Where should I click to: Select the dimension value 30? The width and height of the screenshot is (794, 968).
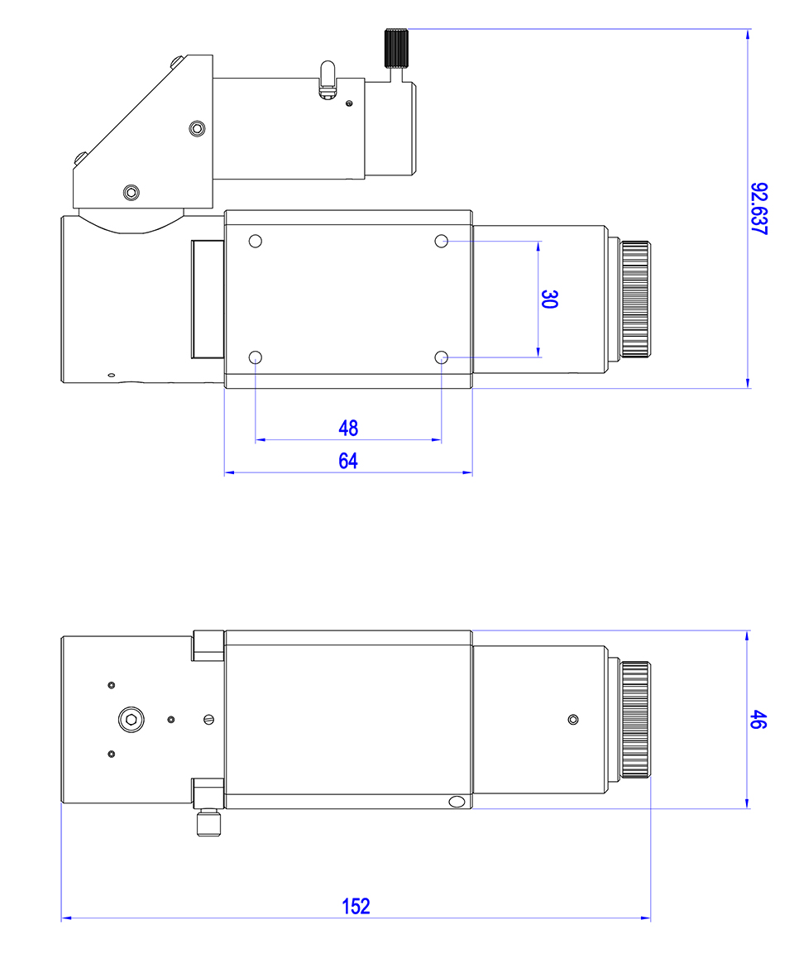point(548,299)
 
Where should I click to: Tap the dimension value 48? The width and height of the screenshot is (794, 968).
point(348,428)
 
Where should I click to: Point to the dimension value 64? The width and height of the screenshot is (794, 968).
point(348,461)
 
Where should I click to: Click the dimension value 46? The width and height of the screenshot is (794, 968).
point(758,719)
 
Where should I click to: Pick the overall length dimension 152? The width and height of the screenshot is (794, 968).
point(356,905)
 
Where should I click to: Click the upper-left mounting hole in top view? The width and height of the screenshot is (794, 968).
point(256,241)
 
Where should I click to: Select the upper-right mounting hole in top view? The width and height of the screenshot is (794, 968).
point(442,241)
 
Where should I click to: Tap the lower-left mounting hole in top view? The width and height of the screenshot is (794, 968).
point(256,357)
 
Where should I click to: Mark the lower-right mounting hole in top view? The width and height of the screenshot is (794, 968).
point(442,357)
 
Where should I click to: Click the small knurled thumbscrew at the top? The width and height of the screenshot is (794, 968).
point(396,49)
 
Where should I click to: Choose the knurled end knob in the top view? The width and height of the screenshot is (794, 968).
point(635,299)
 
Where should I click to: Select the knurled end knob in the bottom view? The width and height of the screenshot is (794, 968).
point(635,719)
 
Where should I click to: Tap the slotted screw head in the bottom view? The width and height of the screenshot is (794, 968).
point(208,719)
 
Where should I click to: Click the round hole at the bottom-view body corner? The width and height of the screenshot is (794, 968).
point(455,802)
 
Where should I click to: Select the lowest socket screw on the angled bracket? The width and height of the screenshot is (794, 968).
point(131,193)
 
